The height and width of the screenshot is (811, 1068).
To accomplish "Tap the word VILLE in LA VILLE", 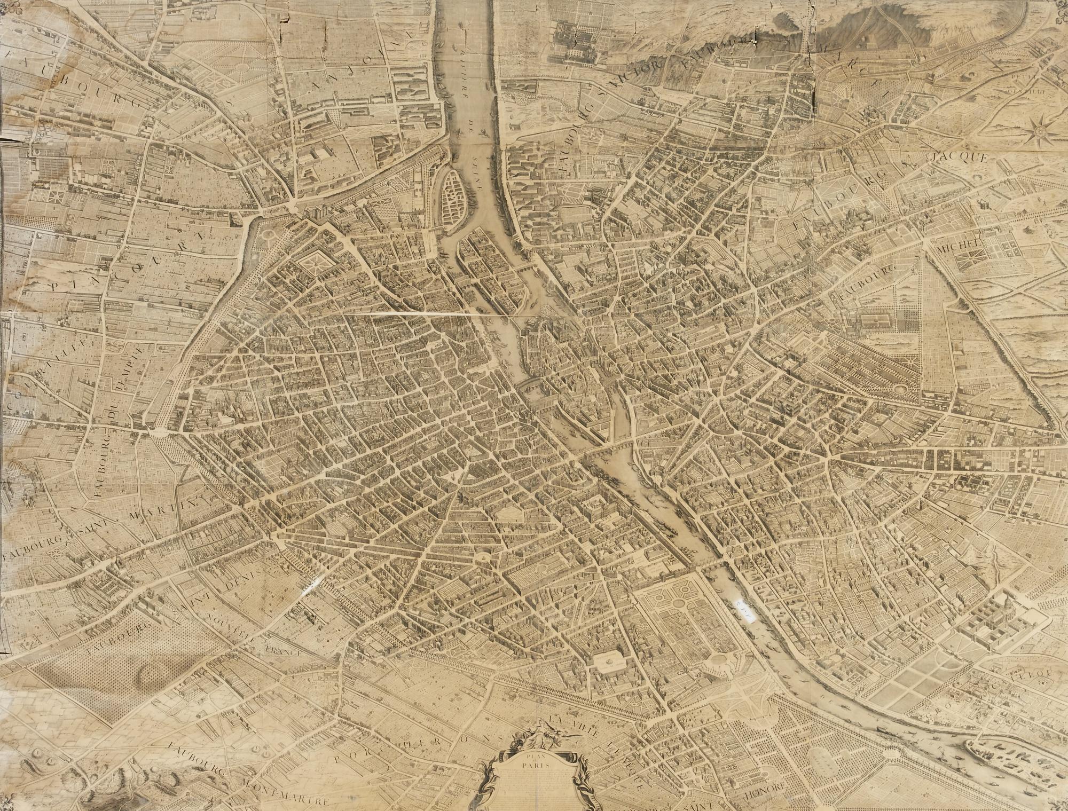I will click(x=580, y=728).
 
